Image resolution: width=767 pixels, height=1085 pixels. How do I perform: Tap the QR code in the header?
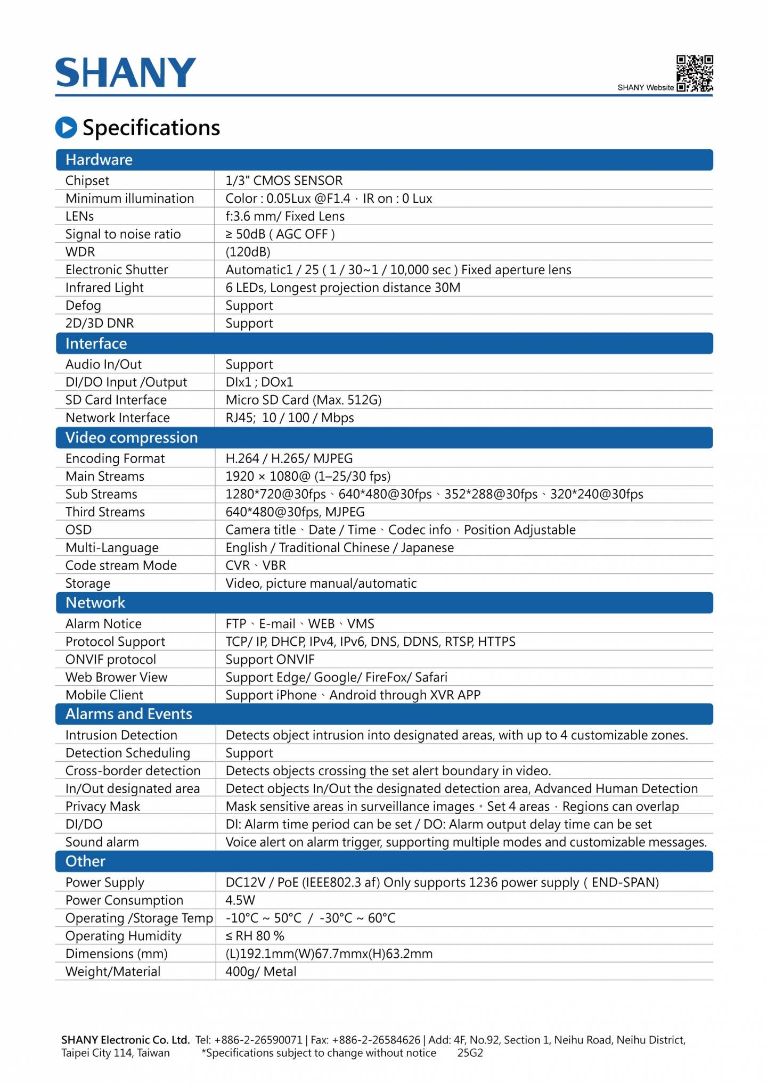point(695,73)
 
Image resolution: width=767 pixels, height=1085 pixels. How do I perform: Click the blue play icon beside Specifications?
point(66,127)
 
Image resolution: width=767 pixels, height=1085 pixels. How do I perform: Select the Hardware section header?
point(99,160)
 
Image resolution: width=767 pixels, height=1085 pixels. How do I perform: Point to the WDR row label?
point(80,252)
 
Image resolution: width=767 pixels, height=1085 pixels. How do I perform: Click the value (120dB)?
point(248,252)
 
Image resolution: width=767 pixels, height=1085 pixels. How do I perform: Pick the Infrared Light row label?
point(104,287)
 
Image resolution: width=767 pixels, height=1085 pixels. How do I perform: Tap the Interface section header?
point(96,343)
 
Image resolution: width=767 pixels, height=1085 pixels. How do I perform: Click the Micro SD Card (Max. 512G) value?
point(304,400)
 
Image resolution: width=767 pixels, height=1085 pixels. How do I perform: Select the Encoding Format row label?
point(115,458)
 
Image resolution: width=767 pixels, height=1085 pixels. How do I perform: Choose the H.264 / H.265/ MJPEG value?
point(289,458)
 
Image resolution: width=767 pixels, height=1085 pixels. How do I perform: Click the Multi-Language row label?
point(112,548)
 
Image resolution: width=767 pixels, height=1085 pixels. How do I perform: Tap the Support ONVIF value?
point(270,660)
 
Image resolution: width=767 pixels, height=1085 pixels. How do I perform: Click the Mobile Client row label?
point(104,695)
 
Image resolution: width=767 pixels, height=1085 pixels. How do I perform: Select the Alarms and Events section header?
point(129,714)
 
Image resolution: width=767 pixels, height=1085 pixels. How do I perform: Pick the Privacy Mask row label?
point(103,807)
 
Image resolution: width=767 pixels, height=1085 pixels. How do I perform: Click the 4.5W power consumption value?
point(240,900)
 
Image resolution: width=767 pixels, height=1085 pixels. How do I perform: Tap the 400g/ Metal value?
point(261,972)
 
